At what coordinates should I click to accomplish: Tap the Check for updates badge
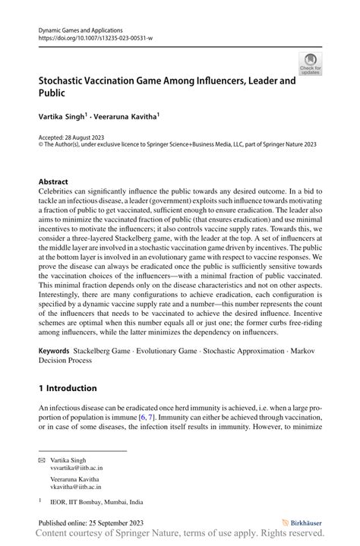tap(310, 65)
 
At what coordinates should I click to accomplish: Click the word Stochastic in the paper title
tap(67, 79)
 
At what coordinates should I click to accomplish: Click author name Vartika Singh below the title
tap(66, 118)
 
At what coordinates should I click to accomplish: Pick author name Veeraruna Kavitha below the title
tap(131, 118)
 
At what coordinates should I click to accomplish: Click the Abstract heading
tap(54, 182)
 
